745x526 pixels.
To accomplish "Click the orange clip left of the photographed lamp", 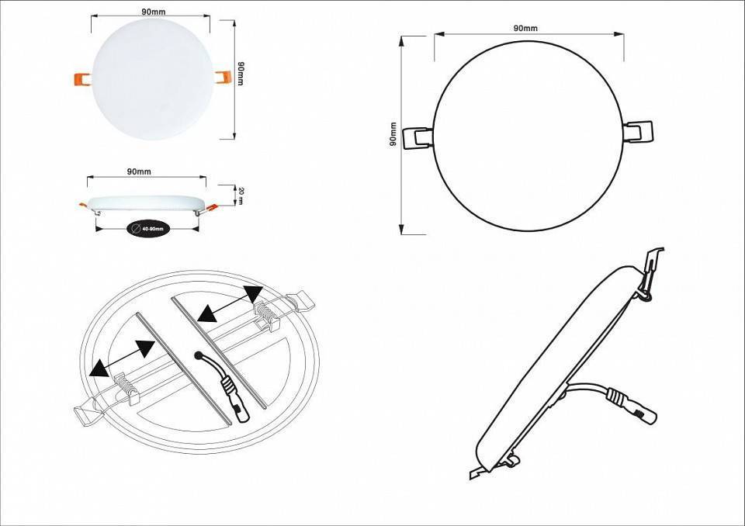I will click(x=81, y=78).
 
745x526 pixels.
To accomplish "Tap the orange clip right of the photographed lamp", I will click(x=223, y=76).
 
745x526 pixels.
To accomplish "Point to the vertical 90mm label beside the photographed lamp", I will click(x=241, y=74).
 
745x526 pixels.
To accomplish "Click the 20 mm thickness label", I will click(x=241, y=196).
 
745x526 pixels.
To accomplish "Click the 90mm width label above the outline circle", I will click(x=525, y=28).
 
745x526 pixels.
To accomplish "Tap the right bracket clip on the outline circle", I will click(x=639, y=131).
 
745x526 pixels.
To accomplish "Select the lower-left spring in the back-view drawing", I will click(x=126, y=385).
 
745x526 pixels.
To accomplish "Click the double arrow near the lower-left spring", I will click(x=120, y=358).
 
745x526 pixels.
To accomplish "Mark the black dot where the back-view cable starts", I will click(x=201, y=355).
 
